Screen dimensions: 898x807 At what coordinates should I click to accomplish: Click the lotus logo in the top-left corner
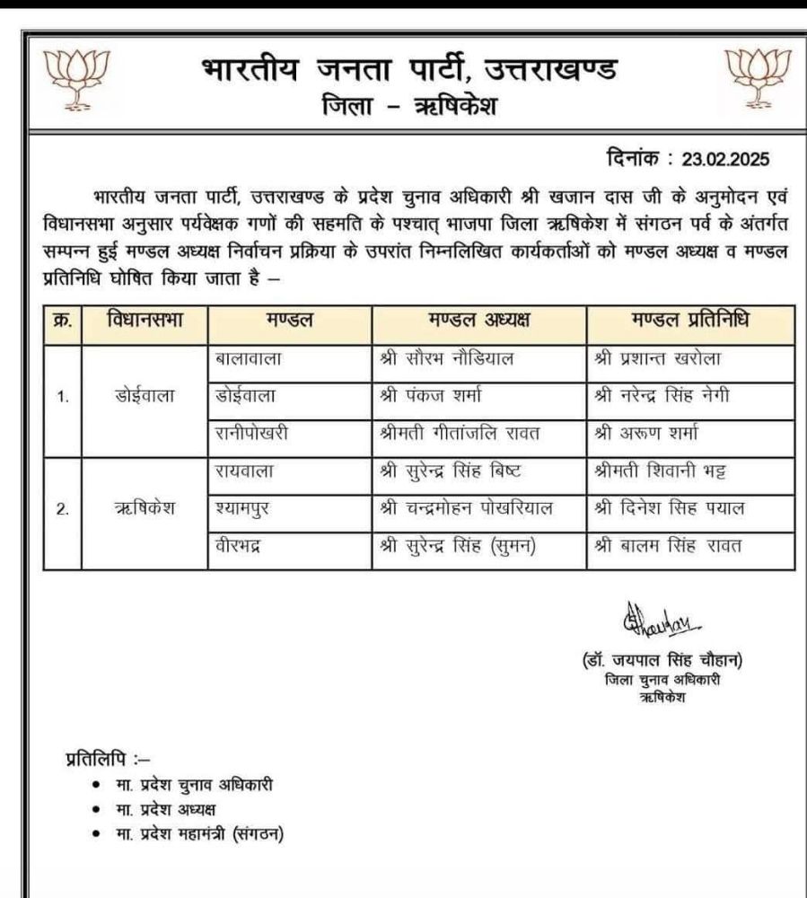76,80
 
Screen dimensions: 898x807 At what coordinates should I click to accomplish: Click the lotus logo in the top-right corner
758,78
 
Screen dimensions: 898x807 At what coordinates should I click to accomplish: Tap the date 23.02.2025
725,160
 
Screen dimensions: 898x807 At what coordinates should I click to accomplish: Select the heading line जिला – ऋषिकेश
408,108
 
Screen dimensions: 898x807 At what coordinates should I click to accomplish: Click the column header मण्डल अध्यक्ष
478,321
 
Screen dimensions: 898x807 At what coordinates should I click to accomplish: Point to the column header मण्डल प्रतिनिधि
690,321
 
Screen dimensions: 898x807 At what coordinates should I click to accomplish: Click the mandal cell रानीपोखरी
251,433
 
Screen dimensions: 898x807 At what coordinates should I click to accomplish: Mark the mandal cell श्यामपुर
242,508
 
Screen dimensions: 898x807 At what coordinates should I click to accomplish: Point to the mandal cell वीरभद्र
239,545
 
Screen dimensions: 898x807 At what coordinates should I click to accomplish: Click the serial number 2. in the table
63,508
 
